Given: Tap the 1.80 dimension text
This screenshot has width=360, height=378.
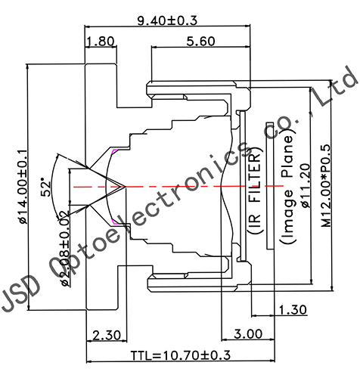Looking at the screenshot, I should tap(101, 42).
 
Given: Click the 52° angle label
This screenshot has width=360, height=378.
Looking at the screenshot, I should tap(47, 185).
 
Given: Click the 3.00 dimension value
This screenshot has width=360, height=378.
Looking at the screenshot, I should tap(248, 333).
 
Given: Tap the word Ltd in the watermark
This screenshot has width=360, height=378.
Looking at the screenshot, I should tap(338, 85).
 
